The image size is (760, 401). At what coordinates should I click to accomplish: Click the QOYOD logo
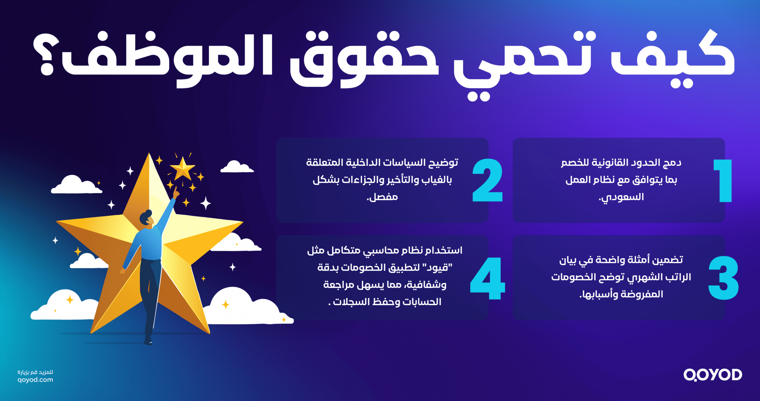[x=712, y=375]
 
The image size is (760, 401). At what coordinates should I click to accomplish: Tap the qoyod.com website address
[x=35, y=380]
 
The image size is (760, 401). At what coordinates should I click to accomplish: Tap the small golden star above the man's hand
[x=182, y=169]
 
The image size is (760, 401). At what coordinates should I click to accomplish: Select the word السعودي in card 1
[x=621, y=197]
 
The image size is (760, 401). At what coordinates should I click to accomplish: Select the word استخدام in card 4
[x=444, y=251]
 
